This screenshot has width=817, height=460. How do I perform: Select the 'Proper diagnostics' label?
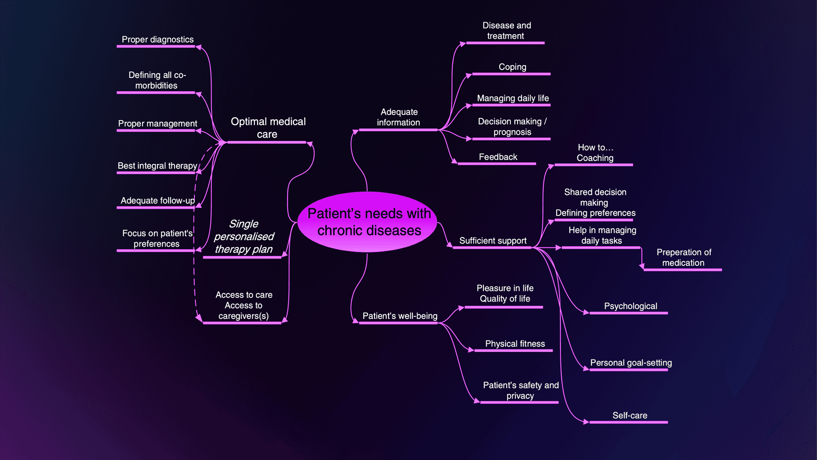[x=157, y=40]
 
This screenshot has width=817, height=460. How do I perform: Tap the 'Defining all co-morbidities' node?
[x=157, y=80]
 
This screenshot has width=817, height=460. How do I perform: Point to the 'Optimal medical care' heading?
[x=268, y=128]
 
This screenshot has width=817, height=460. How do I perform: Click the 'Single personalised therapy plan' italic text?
[x=244, y=236]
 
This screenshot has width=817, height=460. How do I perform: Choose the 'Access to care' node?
[x=244, y=305]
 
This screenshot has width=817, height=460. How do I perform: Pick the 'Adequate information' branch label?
[x=399, y=117]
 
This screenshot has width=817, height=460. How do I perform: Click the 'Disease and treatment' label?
[x=506, y=31]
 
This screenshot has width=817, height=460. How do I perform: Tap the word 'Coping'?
[x=512, y=67]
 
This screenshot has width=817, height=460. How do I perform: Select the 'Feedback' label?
[x=498, y=157]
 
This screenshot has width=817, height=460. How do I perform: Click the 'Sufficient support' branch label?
[x=493, y=241]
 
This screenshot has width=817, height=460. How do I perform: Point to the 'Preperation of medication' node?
[x=683, y=258]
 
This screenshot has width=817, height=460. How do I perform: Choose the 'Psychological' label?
[x=630, y=306]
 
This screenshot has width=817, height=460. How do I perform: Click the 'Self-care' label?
[x=630, y=415]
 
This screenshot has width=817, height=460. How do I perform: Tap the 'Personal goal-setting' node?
[x=631, y=363]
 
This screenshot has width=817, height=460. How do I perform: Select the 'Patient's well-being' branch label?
[x=400, y=316]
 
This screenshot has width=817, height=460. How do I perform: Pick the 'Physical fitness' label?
[x=515, y=344]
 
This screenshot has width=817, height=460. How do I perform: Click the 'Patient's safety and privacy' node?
[x=520, y=391]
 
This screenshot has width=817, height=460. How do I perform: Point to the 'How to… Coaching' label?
[x=595, y=152]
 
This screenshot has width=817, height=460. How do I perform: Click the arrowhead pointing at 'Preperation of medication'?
[x=642, y=267]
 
